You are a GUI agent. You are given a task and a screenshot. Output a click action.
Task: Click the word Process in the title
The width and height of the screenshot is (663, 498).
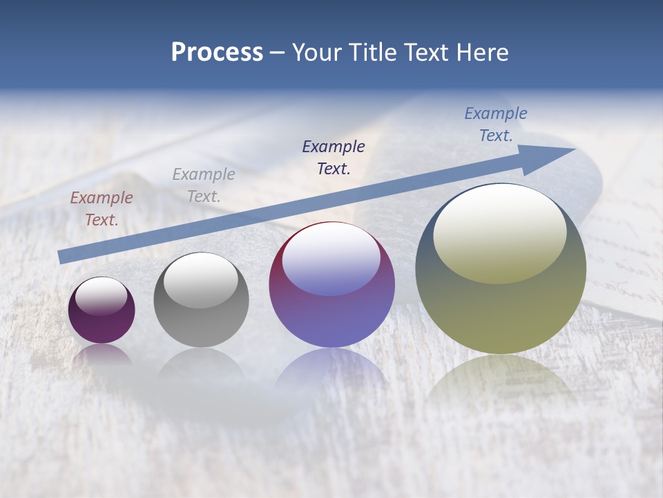click(217, 53)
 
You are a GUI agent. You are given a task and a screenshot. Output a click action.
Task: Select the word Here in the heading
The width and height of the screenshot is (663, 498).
click(479, 53)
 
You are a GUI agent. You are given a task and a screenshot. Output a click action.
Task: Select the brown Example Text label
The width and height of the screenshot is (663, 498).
click(102, 208)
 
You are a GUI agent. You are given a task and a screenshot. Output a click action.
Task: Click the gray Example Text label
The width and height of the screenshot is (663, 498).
click(204, 185)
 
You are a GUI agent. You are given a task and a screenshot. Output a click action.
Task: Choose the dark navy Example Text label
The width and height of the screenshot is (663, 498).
click(334, 157)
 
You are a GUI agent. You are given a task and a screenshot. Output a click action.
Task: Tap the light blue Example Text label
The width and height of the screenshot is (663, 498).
click(496, 124)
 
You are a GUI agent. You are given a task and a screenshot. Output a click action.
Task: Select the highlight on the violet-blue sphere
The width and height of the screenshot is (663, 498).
click(331, 259)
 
